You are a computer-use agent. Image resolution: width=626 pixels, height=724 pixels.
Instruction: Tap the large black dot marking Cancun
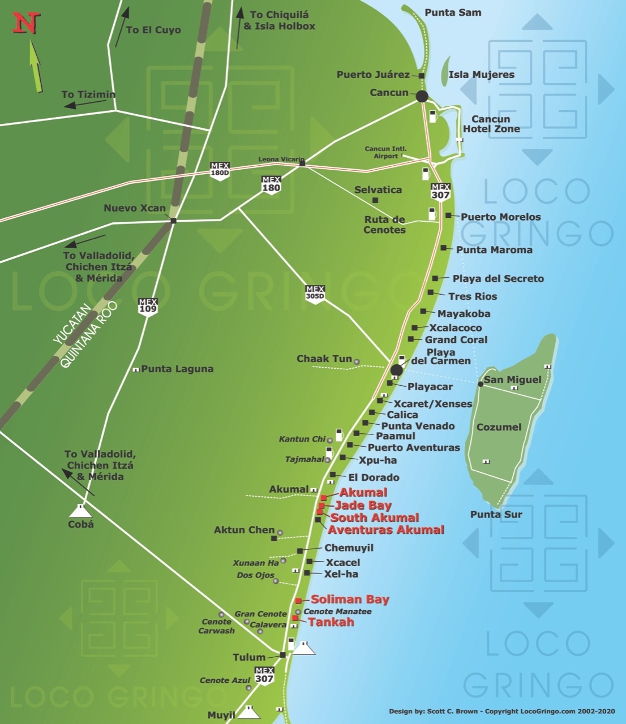pyautogui.click(x=422, y=96)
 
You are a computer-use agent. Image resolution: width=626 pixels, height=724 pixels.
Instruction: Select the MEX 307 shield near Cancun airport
pyautogui.click(x=440, y=191)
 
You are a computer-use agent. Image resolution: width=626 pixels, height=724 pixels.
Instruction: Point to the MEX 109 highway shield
pyautogui.click(x=148, y=306)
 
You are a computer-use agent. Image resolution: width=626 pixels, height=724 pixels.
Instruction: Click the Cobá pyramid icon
pyautogui.click(x=80, y=511)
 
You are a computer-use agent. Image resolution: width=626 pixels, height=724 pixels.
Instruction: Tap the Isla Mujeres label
pyautogui.click(x=481, y=74)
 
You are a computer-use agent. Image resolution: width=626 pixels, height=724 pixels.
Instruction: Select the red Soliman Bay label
pyautogui.click(x=350, y=600)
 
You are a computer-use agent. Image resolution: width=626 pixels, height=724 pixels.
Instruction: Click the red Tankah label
pyautogui.click(x=331, y=622)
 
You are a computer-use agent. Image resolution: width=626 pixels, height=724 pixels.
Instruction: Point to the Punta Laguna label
pyautogui.click(x=177, y=369)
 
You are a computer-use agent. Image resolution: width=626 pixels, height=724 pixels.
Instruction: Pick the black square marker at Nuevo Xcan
pyautogui.click(x=173, y=221)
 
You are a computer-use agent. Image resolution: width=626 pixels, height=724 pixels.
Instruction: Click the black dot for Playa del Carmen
pyautogui.click(x=396, y=370)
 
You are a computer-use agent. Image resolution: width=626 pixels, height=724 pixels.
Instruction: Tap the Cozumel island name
pyautogui.click(x=499, y=427)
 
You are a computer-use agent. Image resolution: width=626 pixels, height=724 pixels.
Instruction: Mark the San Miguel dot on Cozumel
pyautogui.click(x=480, y=384)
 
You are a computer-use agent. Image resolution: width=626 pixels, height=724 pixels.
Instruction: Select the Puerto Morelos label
pyautogui.click(x=500, y=217)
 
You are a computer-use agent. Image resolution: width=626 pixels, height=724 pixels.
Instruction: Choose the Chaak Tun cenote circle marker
pyautogui.click(x=357, y=361)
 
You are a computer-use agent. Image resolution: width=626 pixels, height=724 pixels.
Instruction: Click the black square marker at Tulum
pyautogui.click(x=282, y=655)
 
